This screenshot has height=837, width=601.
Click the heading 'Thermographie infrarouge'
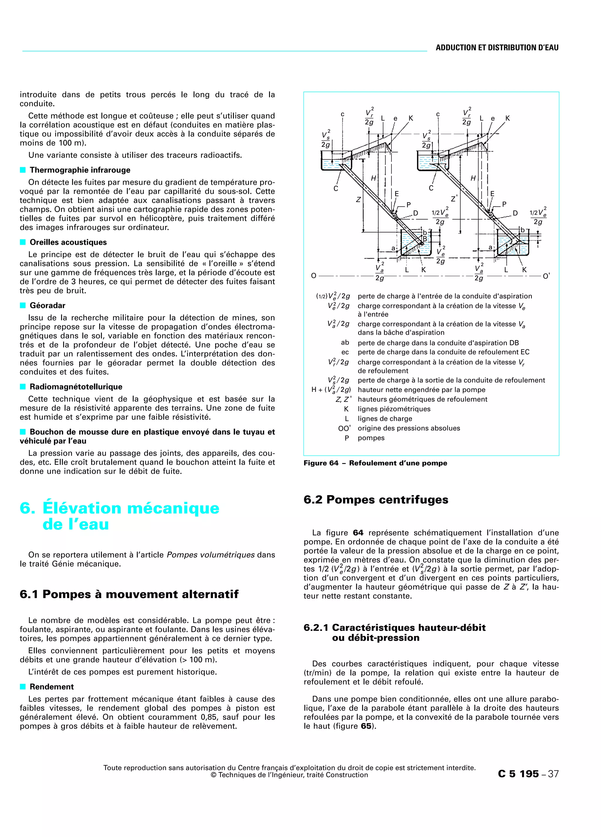[x=80, y=170]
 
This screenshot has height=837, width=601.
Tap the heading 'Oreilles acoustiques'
[x=68, y=242]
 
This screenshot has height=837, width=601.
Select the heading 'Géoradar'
[x=48, y=305]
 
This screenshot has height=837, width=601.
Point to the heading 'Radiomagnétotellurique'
[x=76, y=386]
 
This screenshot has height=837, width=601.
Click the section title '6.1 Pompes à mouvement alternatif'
[x=129, y=594]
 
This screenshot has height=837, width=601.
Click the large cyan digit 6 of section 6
[x=27, y=508]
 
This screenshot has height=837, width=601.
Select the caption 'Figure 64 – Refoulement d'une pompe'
[x=375, y=463]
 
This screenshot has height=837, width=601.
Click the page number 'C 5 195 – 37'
[x=528, y=774]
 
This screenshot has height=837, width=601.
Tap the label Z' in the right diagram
[x=454, y=199]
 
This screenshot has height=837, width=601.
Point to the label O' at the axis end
[x=546, y=276]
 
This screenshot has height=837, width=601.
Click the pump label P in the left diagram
[x=408, y=204]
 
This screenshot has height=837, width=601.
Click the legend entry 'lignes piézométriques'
[x=394, y=409]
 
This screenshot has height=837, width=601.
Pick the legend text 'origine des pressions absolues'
[x=408, y=428]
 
